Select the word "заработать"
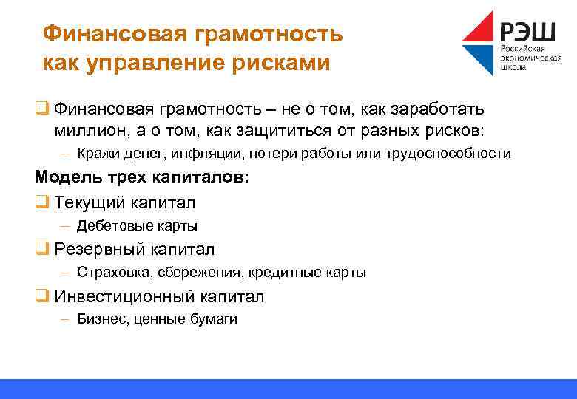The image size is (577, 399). point(436,110)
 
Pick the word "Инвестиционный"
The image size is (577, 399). point(121,296)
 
